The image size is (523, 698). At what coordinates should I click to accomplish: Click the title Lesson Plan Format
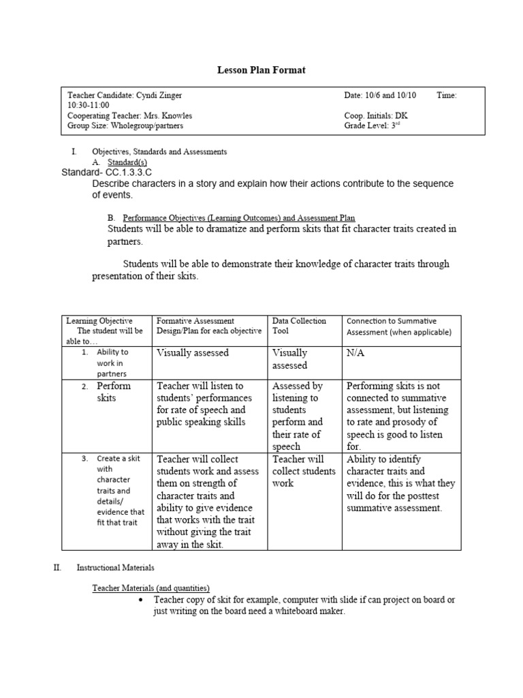261,71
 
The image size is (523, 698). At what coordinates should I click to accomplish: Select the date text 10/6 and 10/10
395,96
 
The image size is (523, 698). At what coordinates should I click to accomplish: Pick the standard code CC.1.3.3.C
128,173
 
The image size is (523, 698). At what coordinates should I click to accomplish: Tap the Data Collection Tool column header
299,326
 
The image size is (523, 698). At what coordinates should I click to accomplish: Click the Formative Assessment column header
209,326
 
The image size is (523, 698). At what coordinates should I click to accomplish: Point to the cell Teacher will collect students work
304,471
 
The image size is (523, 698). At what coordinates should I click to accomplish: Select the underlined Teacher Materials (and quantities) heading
150,588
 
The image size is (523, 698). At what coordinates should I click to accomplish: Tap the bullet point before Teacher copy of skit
140,600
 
